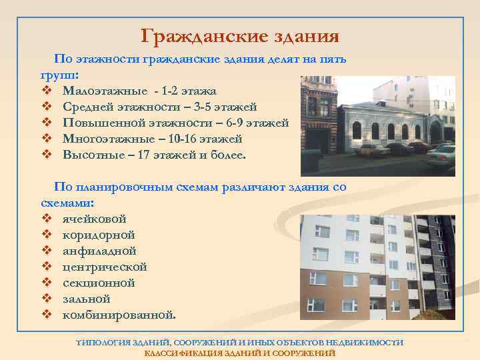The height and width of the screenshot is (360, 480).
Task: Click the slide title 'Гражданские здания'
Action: [x=240, y=35]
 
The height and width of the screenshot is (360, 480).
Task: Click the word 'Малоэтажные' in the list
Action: [x=102, y=91]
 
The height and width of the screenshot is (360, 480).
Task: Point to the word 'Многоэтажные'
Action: [x=107, y=139]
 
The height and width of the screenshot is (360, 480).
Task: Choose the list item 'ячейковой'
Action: [x=94, y=219]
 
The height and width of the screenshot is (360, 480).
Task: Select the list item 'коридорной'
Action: [x=99, y=235]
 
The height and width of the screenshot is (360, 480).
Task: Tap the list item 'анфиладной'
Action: [x=99, y=251]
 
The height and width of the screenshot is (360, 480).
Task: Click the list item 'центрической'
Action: [x=105, y=267]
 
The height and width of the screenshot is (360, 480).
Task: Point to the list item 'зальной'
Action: [x=87, y=299]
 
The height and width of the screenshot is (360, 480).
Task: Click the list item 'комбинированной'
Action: [x=119, y=315]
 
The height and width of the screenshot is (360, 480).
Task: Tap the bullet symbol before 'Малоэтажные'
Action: [x=46, y=91]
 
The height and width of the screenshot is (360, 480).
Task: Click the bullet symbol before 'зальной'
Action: [x=46, y=299]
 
